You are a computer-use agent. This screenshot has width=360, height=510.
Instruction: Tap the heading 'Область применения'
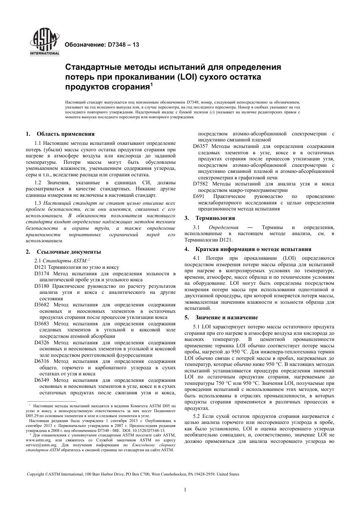66,133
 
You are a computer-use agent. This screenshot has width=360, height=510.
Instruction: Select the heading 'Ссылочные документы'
69,252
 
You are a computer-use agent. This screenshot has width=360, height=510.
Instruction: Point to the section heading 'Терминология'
215,218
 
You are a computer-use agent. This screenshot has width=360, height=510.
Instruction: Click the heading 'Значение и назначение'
227,317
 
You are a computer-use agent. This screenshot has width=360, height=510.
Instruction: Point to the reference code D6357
201,146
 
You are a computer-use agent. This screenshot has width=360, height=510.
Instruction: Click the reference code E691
199,196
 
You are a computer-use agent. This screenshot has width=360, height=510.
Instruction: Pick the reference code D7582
201,184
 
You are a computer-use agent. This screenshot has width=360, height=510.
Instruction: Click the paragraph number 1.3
38,203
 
